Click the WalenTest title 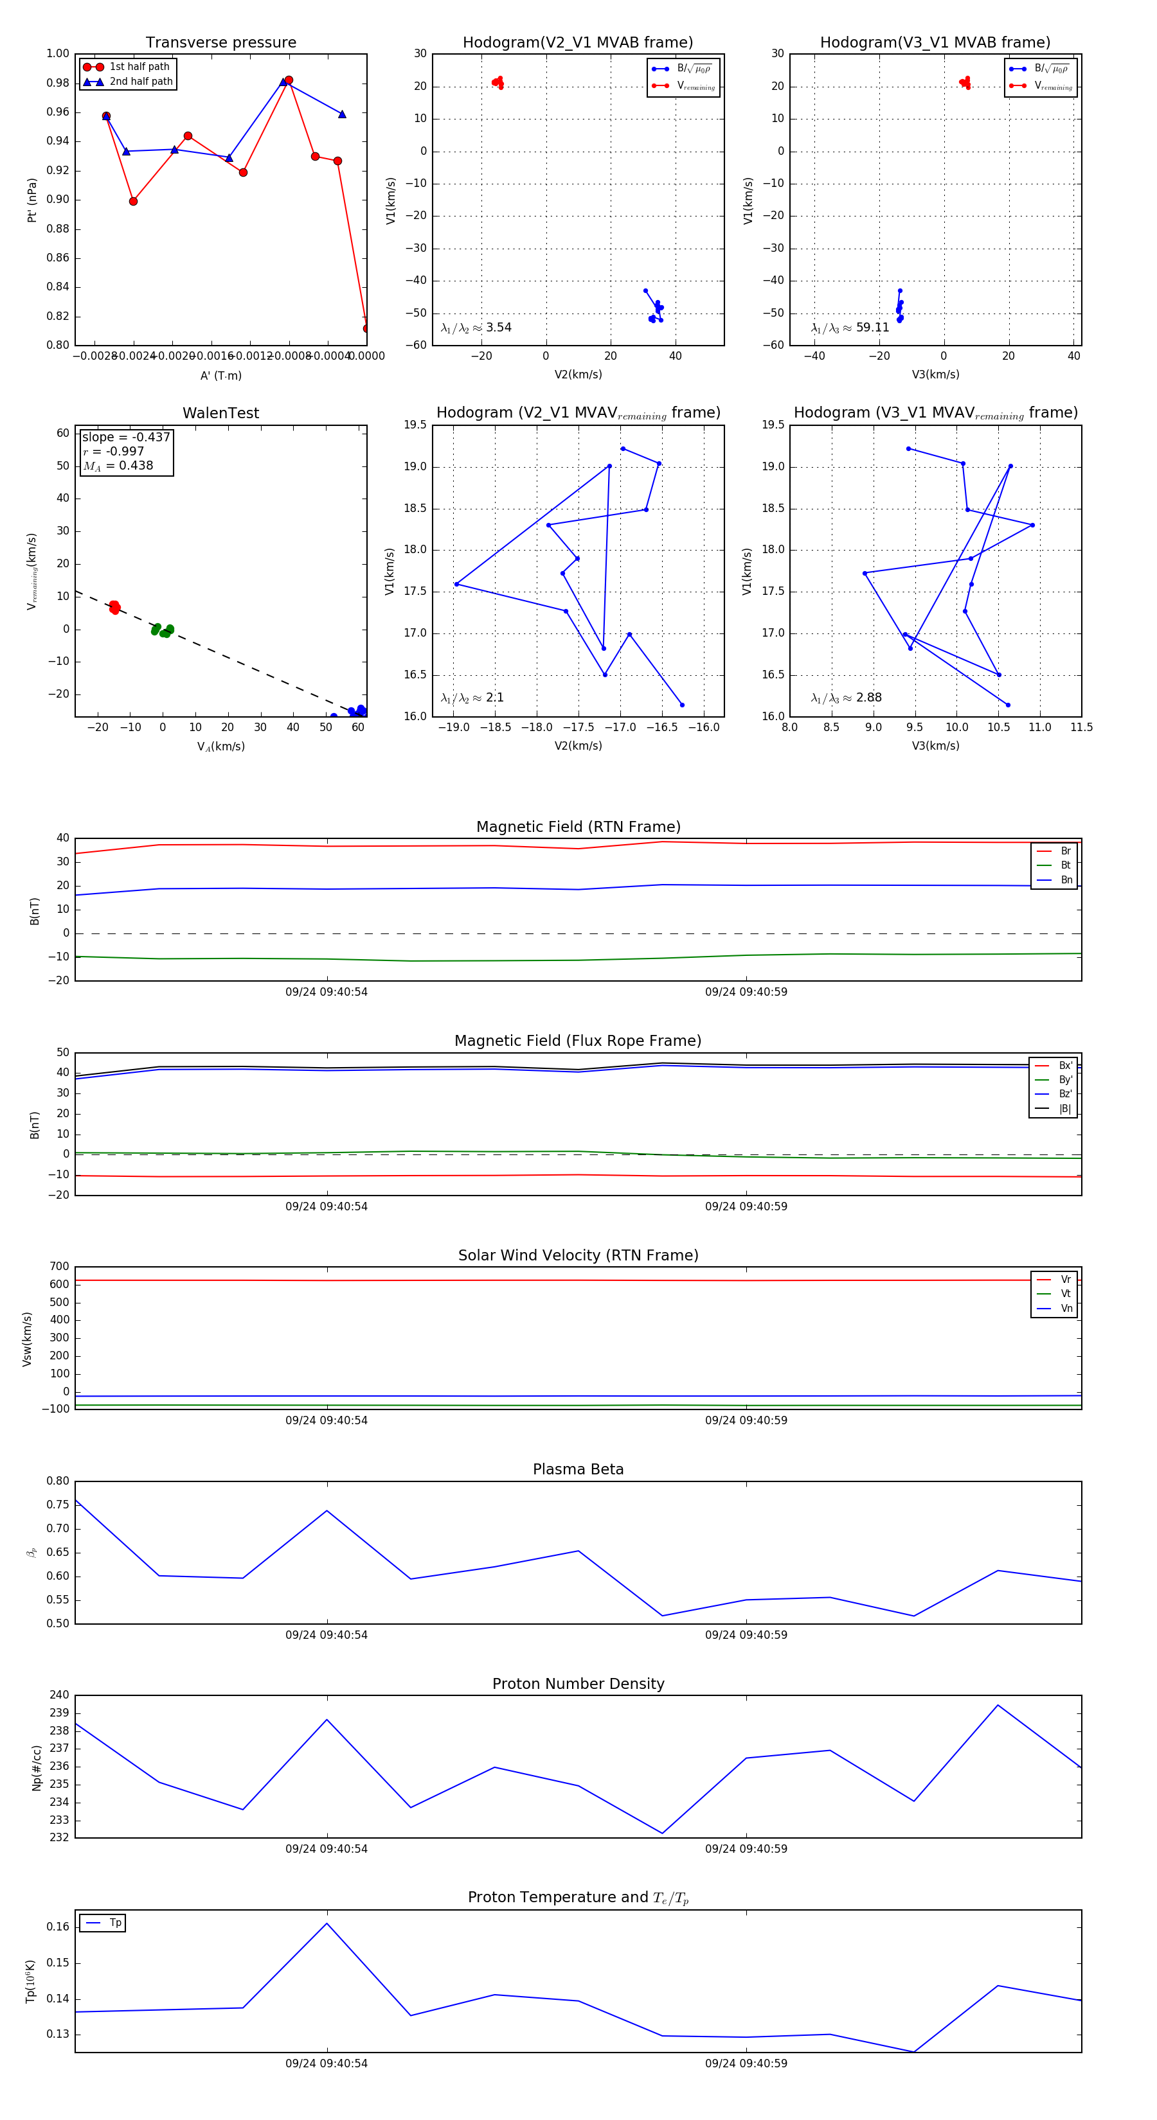[220, 413]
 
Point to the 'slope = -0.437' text [126, 437]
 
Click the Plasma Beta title [578, 1469]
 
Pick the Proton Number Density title [578, 1684]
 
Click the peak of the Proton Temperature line [327, 1923]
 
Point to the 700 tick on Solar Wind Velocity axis [59, 1267]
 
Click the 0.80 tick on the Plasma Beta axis [58, 1481]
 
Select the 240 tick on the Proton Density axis [59, 1695]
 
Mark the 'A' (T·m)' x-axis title [220, 375]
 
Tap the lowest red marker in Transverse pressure [366, 328]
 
